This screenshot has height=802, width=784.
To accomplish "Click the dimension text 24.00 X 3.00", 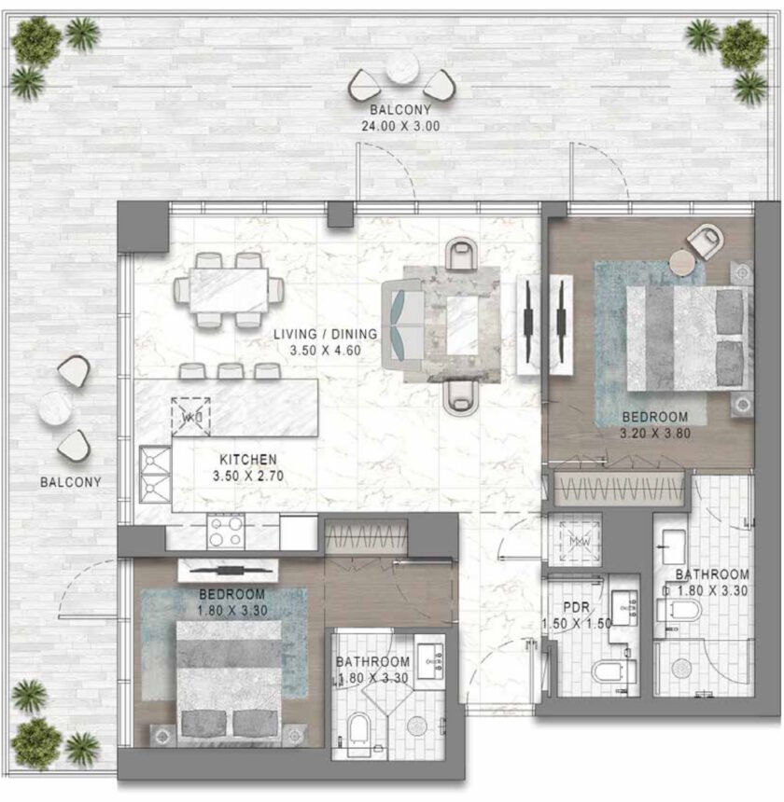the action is coord(400,126).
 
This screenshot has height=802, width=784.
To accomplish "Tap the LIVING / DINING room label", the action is coord(326,334).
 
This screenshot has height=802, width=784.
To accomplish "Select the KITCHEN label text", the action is coord(248,460).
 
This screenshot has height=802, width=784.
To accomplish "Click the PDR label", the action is coord(576,607).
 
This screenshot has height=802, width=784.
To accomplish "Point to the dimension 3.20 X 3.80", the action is coord(655,434).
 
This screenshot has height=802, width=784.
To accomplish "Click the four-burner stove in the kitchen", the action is coord(226,532).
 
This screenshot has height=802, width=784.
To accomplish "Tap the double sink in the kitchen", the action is coord(155,475).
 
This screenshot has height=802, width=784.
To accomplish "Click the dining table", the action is coord(229,291).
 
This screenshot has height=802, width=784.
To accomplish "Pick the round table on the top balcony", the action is coord(403,68).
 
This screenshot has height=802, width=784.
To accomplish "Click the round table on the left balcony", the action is coord(55,408).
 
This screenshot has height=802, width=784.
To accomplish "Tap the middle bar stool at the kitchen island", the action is coord(230,370).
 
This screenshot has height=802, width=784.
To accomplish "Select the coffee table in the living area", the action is coord(463,325).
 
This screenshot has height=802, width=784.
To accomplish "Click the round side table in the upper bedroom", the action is coord(682,262).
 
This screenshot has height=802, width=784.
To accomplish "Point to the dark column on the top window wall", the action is coord(341,214).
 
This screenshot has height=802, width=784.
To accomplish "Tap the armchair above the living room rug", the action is coord(462,253).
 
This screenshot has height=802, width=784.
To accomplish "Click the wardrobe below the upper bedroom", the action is coord(619,489).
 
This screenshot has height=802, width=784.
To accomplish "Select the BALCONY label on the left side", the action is coord(71,482).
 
